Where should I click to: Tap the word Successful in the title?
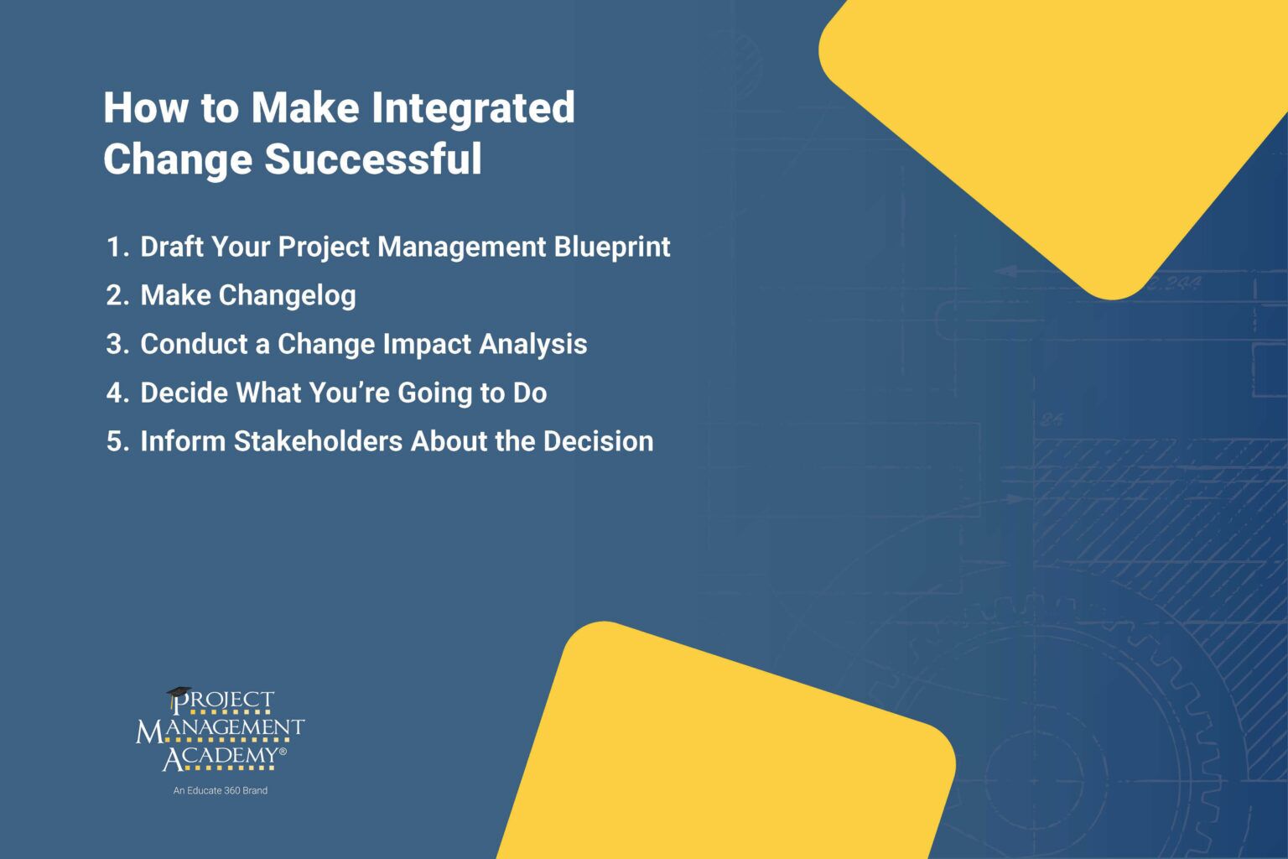(373, 159)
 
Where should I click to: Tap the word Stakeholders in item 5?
(318, 441)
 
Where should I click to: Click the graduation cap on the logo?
(178, 695)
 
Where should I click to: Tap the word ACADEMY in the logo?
(222, 757)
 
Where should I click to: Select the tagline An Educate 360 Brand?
(221, 790)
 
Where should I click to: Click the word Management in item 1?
(461, 247)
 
